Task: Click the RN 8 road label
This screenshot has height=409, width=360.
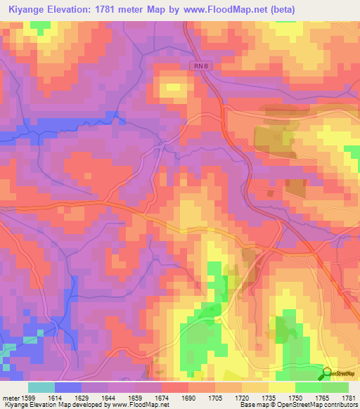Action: coord(200,65)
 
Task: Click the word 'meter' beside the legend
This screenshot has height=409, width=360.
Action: coord(12,397)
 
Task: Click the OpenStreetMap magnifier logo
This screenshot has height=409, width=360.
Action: coord(327,374)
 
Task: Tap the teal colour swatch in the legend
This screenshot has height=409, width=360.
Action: coord(41,387)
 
